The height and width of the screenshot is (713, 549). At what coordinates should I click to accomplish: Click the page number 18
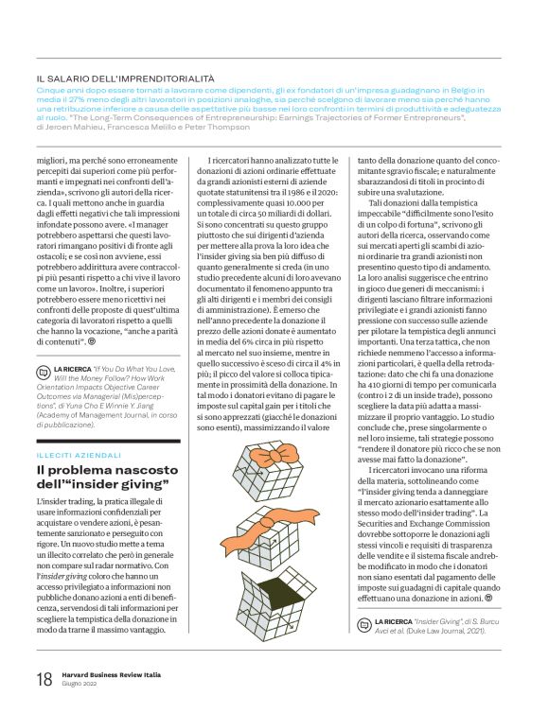43,678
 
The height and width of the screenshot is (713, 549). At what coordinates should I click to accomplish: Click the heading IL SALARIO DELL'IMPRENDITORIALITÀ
125,78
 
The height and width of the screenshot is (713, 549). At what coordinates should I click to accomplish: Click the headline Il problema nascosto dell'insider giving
102,477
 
